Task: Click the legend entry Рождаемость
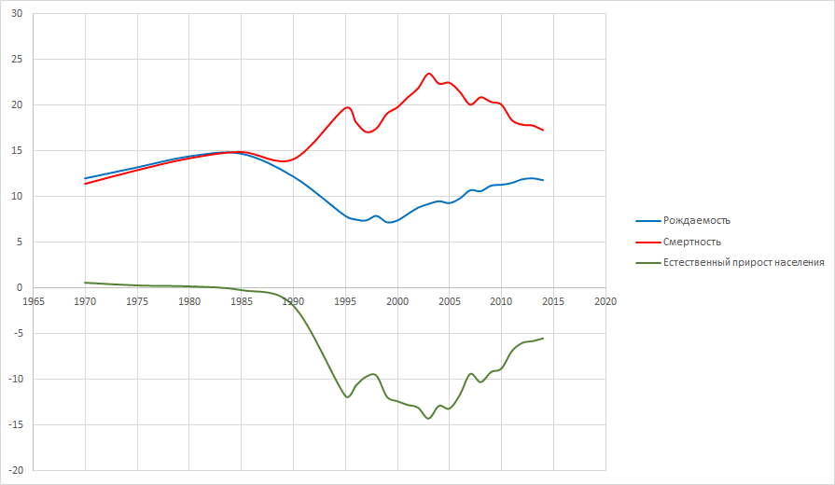[x=696, y=220]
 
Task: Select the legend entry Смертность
[x=691, y=242]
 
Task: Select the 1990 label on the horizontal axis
[x=293, y=301]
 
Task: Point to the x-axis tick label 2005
[x=450, y=301]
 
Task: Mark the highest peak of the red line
[x=429, y=74]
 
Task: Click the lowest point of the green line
[x=429, y=419]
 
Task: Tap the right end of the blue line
[x=543, y=180]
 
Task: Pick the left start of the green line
[x=85, y=283]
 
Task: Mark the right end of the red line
[x=543, y=130]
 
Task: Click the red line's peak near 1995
[x=347, y=107]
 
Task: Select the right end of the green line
[x=543, y=338]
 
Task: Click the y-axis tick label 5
[x=19, y=242]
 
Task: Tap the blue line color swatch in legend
[x=647, y=220]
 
